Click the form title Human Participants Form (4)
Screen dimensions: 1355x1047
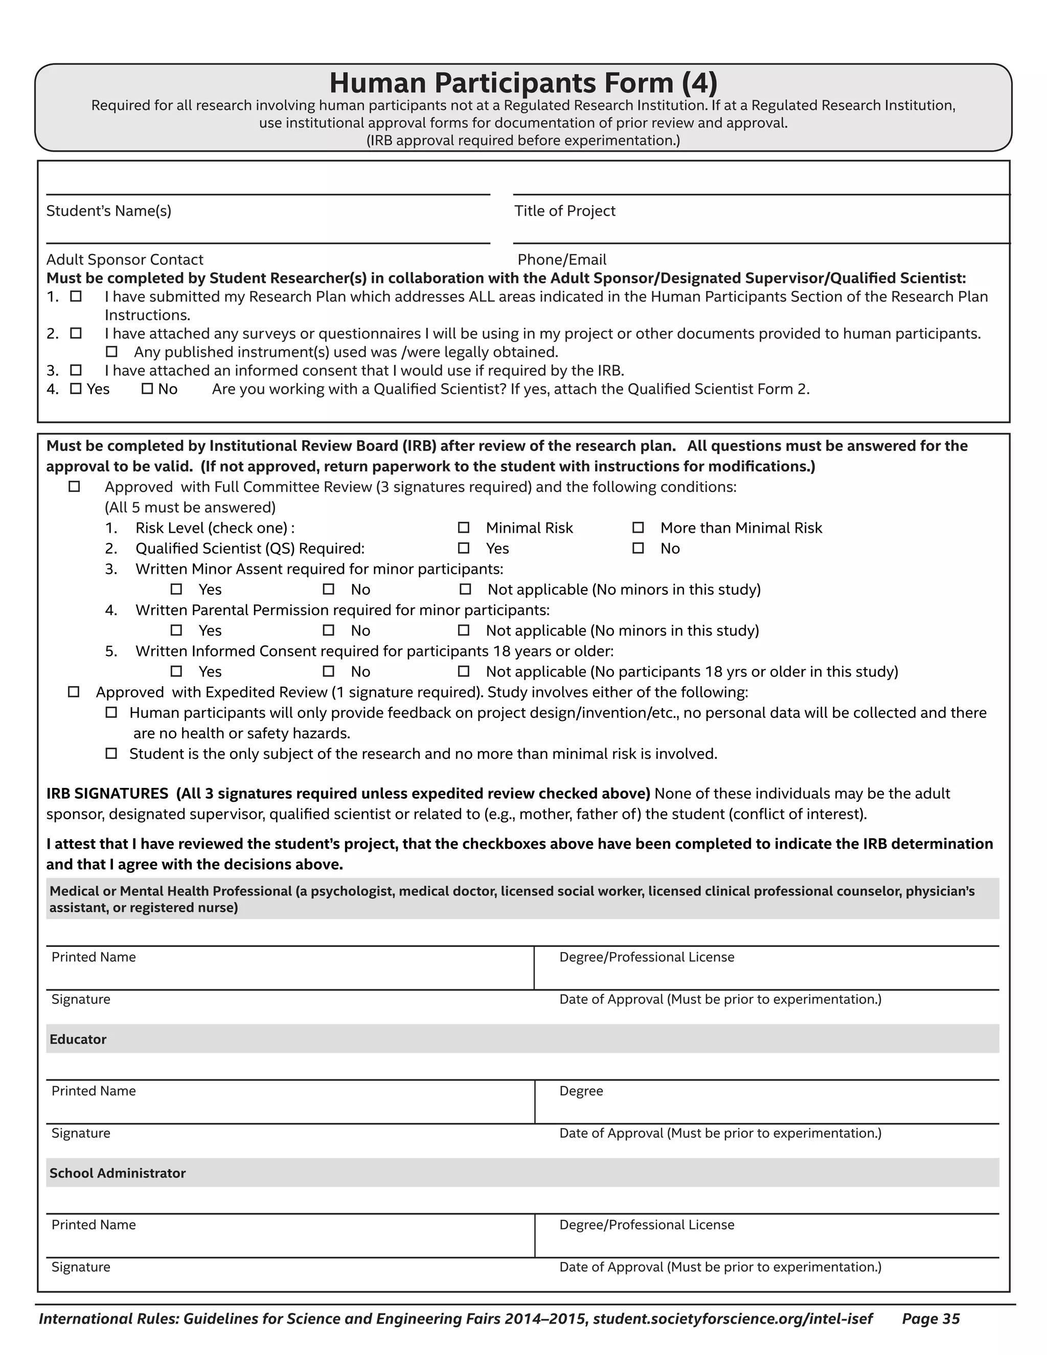point(523,82)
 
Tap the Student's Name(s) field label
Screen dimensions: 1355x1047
point(108,211)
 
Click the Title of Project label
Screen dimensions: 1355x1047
point(564,211)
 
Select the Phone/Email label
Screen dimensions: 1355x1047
point(561,259)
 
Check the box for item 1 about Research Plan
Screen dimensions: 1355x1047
point(76,297)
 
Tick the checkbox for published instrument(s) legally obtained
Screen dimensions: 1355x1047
point(111,352)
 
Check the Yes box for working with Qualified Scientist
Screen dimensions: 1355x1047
point(76,389)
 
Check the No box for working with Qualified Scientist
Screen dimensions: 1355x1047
point(147,389)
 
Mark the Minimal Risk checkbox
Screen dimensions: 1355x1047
point(463,527)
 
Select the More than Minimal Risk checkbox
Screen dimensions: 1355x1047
point(638,527)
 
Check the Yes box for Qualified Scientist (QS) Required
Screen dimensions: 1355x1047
point(463,548)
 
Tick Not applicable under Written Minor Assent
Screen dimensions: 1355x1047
point(465,589)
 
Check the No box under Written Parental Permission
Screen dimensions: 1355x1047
point(328,630)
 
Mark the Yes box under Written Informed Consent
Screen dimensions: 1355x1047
point(176,671)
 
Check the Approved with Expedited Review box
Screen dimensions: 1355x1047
point(73,692)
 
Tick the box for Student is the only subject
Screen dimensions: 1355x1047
point(111,753)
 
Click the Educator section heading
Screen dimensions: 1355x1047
point(78,1039)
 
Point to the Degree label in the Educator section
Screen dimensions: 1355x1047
point(581,1091)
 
